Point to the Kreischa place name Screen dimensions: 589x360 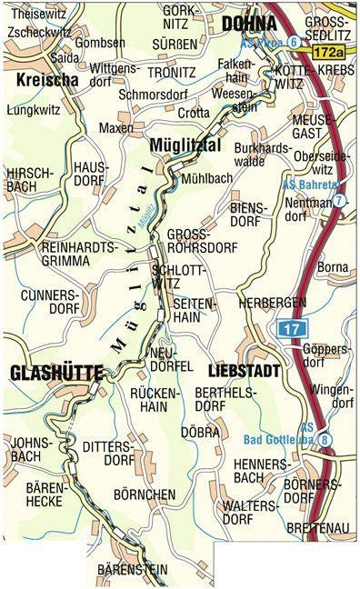[44, 81]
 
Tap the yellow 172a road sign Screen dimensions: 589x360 [334, 55]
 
